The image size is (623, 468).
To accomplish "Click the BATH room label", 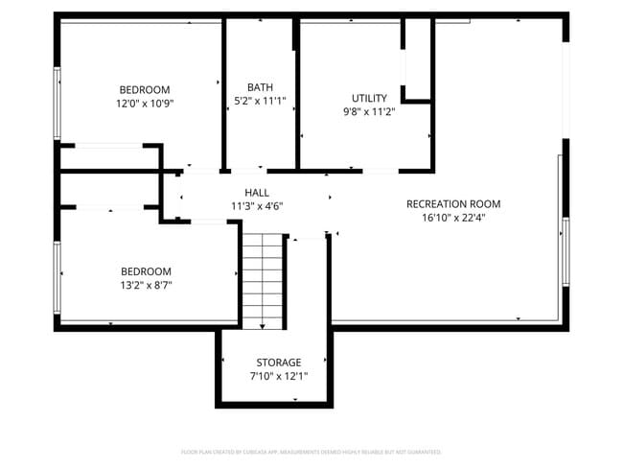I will [260, 87].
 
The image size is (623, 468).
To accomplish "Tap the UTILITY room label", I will [369, 98].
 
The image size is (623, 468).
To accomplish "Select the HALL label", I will [257, 192].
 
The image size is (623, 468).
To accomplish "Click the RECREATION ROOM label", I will [453, 203].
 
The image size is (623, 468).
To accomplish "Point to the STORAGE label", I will [279, 362].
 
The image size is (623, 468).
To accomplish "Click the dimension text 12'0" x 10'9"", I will [145, 103].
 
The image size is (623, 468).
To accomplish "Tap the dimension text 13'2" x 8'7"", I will [146, 285].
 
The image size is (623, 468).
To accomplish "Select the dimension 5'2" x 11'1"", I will [260, 101].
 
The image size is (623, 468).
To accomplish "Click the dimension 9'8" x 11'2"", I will [369, 111].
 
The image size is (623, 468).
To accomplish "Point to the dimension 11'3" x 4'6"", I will [257, 205].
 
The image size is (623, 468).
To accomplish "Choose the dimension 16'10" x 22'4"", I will [453, 218].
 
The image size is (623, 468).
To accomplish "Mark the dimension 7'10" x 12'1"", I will [279, 375].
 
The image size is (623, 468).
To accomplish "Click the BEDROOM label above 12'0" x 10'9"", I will [145, 89].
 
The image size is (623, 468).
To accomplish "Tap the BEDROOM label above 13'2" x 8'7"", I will [146, 271].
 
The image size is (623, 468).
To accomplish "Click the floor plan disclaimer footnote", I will [311, 451].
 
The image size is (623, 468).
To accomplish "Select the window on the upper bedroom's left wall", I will [58, 103].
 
